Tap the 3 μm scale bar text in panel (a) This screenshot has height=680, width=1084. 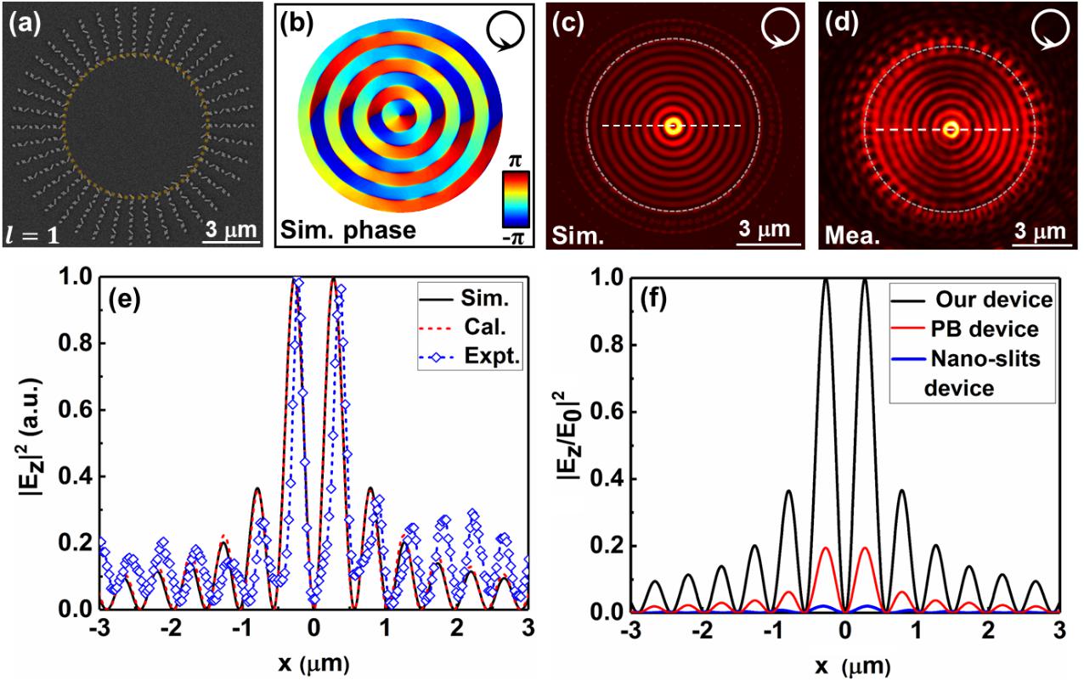tap(229, 228)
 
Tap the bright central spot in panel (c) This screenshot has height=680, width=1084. tap(674, 126)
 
